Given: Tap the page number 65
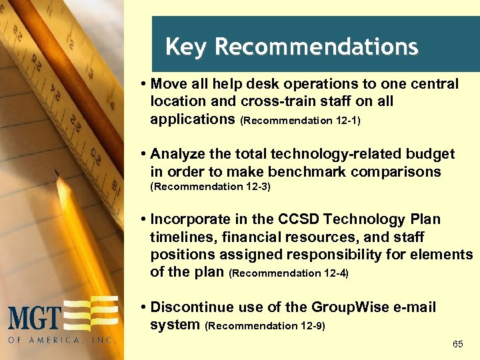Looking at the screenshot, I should click(x=458, y=344).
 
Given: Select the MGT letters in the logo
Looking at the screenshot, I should click(x=35, y=317).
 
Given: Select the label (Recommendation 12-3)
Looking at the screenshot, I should click(x=211, y=187).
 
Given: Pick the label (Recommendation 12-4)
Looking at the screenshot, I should click(x=289, y=273).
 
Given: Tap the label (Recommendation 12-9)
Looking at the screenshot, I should click(x=265, y=326).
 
